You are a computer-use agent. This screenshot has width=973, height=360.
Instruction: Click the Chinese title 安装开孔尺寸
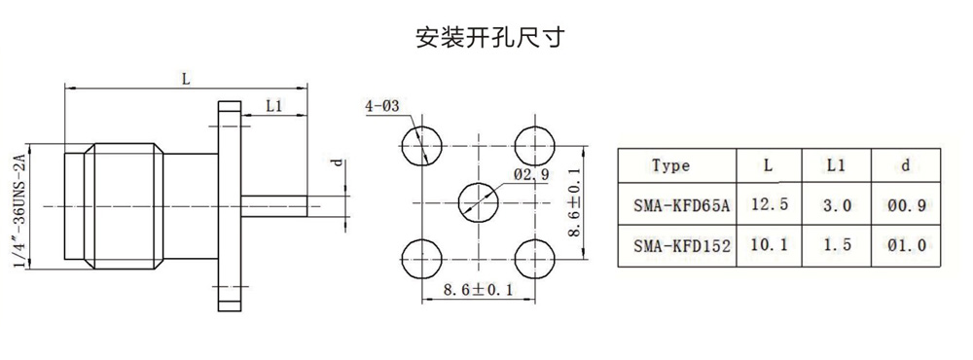tap(490, 37)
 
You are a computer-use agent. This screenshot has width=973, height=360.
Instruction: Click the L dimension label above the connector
tap(185, 79)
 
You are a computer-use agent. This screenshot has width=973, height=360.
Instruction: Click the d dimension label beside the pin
tap(337, 162)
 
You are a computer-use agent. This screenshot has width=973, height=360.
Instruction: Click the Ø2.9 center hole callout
tap(530, 175)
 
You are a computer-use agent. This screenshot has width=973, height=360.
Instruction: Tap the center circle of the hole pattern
tap(478, 202)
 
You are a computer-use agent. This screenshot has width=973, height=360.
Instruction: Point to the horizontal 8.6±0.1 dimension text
tap(478, 290)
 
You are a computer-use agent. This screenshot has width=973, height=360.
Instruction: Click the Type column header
tap(670, 165)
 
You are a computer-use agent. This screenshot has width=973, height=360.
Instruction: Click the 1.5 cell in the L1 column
tap(836, 246)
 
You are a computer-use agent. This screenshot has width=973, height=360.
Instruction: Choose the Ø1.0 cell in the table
tap(907, 246)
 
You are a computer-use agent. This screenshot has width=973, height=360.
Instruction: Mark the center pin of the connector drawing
tap(273, 206)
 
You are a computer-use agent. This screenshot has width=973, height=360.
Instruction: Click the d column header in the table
tap(906, 165)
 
